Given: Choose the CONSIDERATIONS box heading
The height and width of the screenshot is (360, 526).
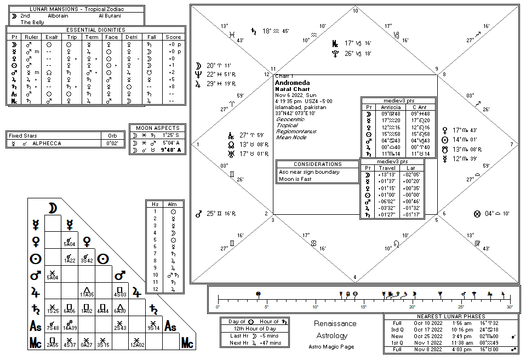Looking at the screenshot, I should click(317, 164).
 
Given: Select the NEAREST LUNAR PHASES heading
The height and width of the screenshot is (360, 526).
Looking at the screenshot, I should click(451, 317).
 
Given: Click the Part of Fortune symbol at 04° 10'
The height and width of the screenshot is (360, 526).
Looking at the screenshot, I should click(477, 214).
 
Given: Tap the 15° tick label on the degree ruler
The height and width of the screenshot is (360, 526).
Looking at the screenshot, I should click(364, 306).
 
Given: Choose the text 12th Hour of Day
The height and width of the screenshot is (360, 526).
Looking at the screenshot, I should click(252, 328).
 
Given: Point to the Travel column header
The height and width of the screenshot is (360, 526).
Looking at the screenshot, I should click(386, 168).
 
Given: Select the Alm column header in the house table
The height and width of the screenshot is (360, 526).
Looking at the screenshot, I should click(173, 204).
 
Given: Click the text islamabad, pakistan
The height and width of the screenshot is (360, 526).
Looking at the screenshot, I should click(301, 107).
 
